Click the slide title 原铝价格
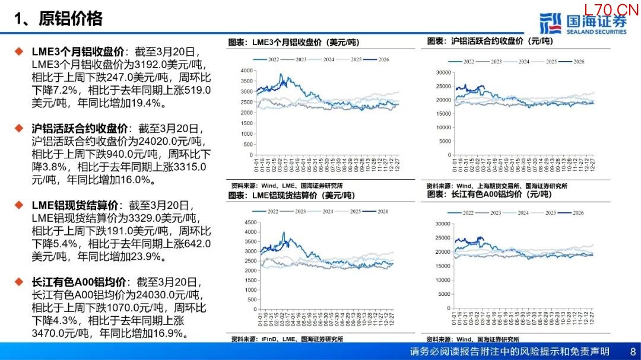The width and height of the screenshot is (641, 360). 70,19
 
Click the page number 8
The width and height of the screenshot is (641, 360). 632,351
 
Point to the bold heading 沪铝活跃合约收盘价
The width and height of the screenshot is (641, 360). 80,129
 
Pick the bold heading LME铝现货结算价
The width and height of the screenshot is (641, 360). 75,205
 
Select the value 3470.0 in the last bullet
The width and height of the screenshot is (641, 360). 51,333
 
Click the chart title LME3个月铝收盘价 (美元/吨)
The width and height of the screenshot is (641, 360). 293,42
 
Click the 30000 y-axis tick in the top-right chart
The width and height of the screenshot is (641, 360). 444,72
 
